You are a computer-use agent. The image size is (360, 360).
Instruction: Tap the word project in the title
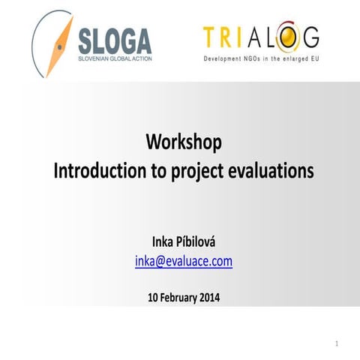click(x=196, y=171)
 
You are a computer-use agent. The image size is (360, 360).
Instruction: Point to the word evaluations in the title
click(x=271, y=170)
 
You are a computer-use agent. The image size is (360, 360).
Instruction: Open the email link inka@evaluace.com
click(x=184, y=261)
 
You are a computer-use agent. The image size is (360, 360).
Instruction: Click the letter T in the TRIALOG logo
click(x=211, y=36)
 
